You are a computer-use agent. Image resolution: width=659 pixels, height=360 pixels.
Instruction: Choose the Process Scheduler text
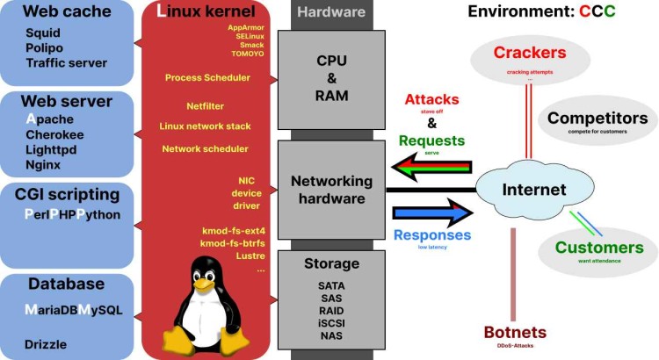[207, 78]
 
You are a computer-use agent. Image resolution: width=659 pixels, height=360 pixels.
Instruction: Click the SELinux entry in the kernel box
[250, 36]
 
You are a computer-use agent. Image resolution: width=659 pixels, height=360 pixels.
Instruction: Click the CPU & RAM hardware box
[331, 78]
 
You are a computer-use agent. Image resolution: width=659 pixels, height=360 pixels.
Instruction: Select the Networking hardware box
[331, 189]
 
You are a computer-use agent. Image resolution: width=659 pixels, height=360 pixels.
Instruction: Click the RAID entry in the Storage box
[331, 311]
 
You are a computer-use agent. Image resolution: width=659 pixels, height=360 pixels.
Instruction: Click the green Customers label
[599, 248]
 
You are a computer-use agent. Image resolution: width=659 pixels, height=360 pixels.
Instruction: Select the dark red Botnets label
[515, 333]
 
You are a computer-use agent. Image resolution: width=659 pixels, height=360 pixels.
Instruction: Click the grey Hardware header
[330, 12]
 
